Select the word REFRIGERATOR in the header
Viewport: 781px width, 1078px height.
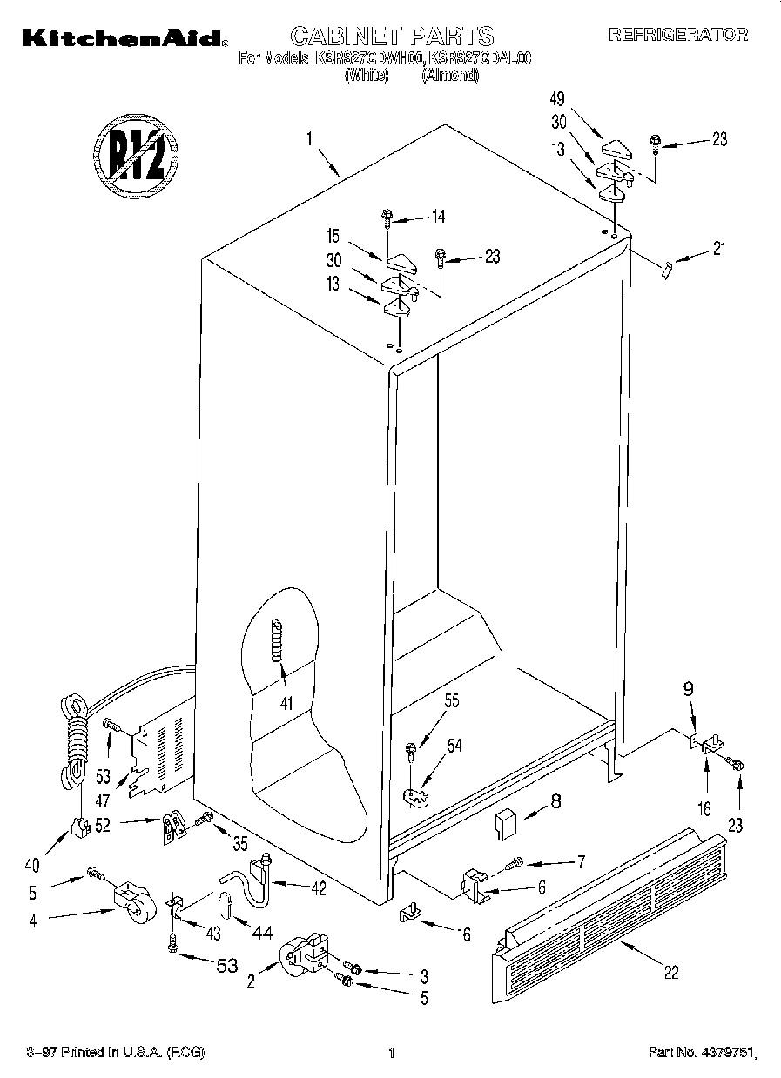[x=677, y=36]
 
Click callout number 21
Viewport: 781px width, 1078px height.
[x=717, y=250]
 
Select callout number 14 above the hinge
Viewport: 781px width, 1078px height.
[x=438, y=218]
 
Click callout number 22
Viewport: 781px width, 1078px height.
[x=670, y=973]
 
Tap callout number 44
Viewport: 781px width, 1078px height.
[x=262, y=933]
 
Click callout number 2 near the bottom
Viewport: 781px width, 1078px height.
[x=251, y=982]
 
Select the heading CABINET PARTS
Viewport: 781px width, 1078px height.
[x=391, y=36]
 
